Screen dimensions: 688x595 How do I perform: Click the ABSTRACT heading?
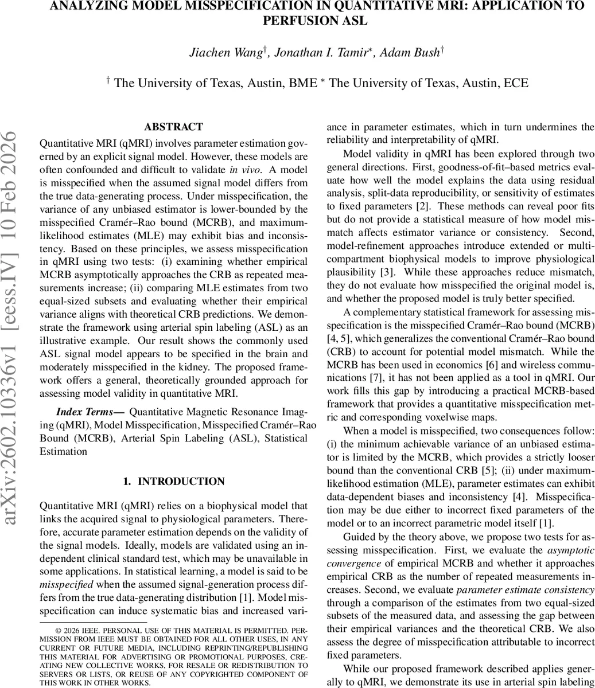tap(173, 127)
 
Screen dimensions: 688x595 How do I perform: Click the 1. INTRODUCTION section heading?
tap(173, 482)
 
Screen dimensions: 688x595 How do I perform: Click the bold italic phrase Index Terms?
tap(89, 412)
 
